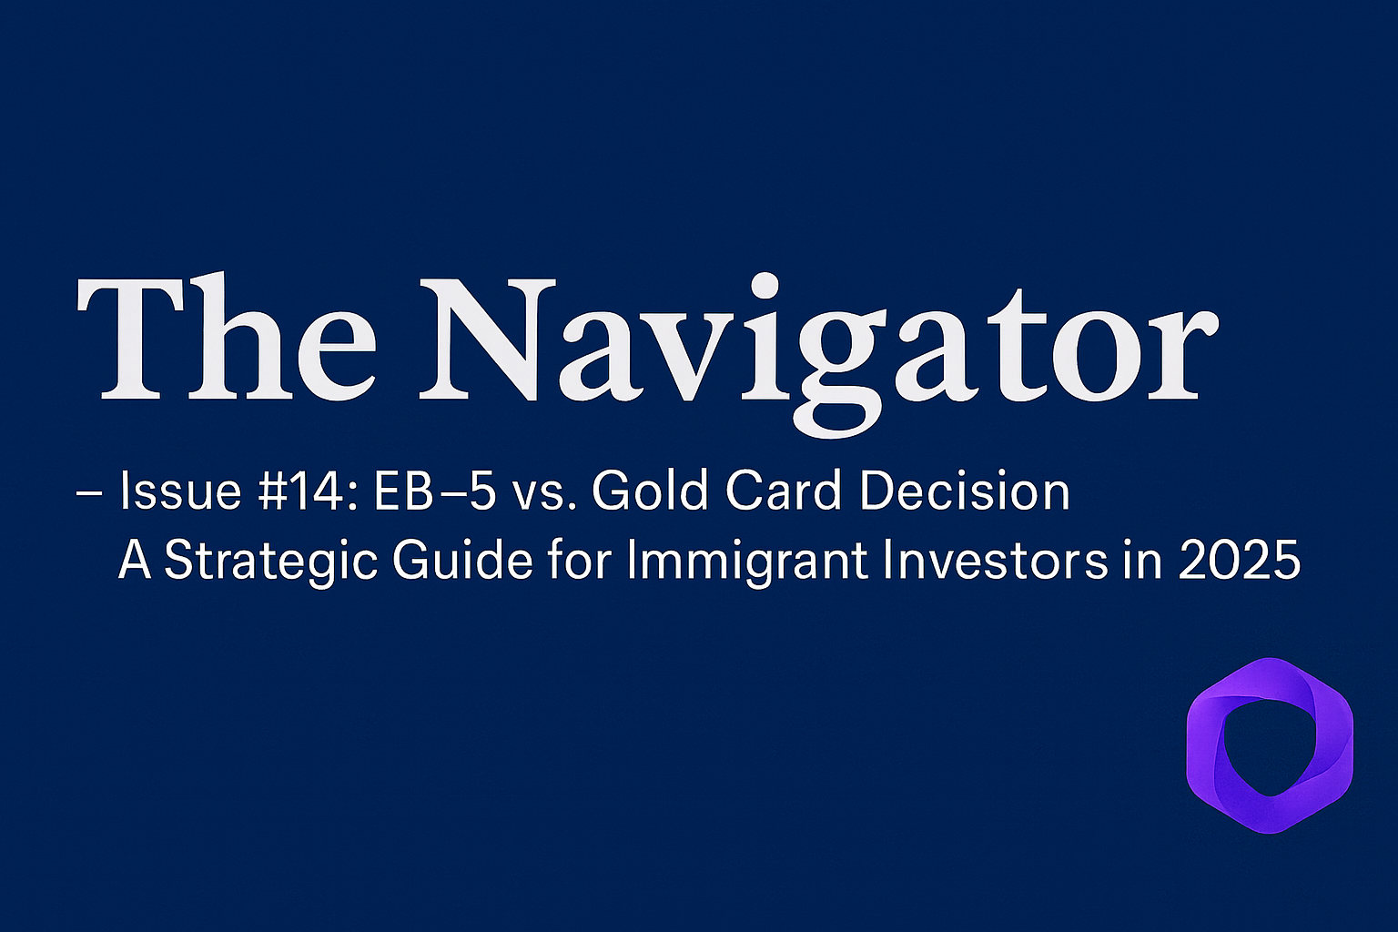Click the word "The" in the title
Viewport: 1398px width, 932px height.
227,337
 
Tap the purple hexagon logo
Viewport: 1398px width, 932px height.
1270,745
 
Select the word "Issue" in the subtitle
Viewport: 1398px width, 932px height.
179,491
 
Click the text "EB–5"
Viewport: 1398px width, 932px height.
435,492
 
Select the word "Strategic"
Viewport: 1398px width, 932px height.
270,562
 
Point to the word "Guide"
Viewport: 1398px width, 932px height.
462,559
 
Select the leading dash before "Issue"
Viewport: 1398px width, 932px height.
88,493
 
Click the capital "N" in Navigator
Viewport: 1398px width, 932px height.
488,337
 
